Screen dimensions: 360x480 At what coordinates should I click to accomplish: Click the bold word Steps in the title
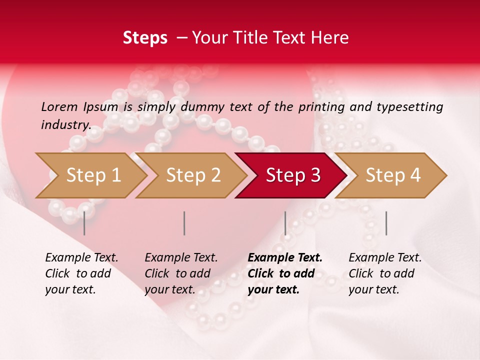tap(145, 38)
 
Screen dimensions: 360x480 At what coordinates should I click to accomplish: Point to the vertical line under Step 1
tap(84, 223)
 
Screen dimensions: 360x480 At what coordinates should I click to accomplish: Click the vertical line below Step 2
tap(184, 223)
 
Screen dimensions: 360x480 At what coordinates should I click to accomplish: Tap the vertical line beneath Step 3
tap(285, 223)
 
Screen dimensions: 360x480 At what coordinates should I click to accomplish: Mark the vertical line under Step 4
tap(386, 223)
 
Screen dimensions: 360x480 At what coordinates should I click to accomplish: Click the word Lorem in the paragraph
tap(59, 106)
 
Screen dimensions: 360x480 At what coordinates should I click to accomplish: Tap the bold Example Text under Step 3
tap(285, 257)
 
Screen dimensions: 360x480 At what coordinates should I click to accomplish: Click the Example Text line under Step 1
tap(81, 257)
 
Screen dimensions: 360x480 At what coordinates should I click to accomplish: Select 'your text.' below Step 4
tap(373, 289)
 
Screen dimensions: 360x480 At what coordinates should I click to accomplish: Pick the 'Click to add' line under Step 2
tap(177, 273)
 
